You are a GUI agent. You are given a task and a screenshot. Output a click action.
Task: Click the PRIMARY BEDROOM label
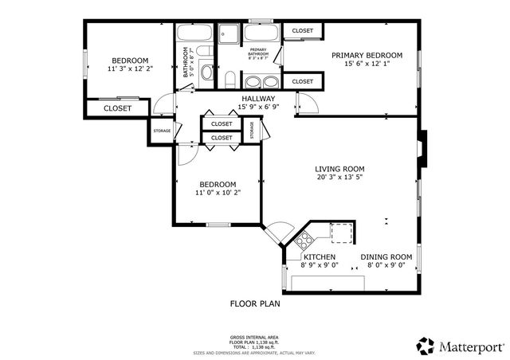click(x=367, y=55)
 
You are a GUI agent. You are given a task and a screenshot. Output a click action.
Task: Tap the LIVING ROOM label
click(x=339, y=169)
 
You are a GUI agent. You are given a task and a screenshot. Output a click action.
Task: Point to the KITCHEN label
click(x=319, y=256)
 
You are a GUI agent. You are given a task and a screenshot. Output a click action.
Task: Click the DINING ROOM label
click(x=386, y=256)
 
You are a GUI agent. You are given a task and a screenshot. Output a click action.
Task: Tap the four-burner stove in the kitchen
click(x=304, y=239)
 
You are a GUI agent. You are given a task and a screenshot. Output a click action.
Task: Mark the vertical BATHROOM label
click(x=186, y=62)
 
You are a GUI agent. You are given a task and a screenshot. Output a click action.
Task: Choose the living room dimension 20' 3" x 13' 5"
click(x=339, y=178)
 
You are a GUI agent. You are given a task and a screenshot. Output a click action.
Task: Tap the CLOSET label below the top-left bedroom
click(x=118, y=108)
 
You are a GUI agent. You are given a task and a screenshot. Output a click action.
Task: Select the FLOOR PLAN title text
click(x=255, y=303)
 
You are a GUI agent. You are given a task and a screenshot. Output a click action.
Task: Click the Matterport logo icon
click(x=426, y=346)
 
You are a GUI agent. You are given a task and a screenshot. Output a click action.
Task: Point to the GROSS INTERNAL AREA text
click(x=255, y=338)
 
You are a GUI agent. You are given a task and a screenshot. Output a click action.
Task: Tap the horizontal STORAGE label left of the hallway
click(x=162, y=131)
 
